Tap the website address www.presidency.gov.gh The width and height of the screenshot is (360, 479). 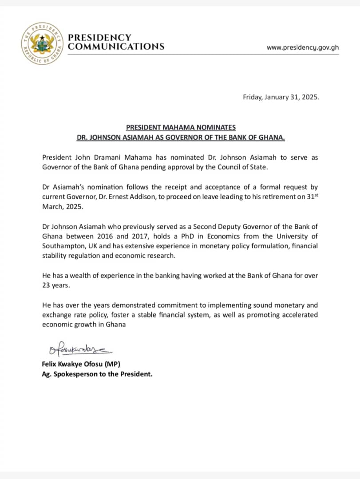[x=303, y=47]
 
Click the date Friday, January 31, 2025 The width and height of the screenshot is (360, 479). [x=281, y=97]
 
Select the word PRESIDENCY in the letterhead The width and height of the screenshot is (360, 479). [x=99, y=38]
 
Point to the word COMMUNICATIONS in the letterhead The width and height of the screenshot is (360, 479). [x=116, y=47]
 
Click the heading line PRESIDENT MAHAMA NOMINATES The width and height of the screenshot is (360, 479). [x=181, y=128]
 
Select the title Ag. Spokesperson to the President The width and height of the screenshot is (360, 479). [x=97, y=374]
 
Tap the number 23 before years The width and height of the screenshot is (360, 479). [x=47, y=286]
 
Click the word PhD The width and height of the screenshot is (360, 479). [x=189, y=236]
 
